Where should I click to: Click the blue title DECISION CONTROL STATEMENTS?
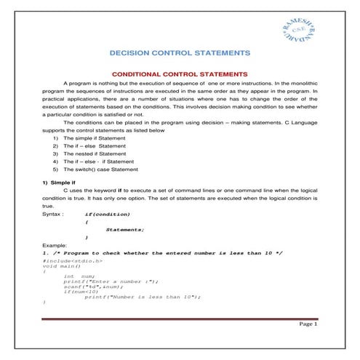(180, 53)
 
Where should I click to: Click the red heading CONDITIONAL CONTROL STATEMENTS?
(180, 74)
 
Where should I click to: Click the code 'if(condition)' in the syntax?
(108, 215)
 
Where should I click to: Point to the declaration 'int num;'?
(79, 276)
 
